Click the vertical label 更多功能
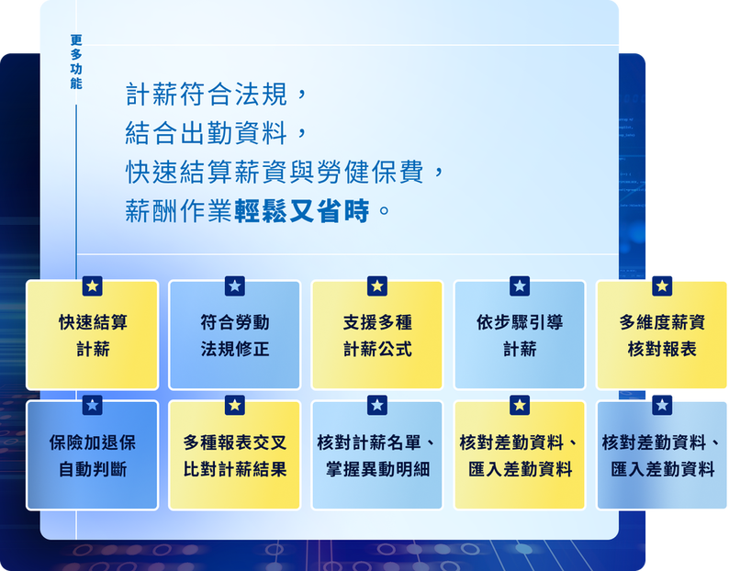[x=76, y=62]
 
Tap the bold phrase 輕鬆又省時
[x=302, y=211]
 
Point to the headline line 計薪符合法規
[x=207, y=95]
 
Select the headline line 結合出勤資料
[x=207, y=133]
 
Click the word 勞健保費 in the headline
[x=371, y=172]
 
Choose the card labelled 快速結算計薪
[x=93, y=335]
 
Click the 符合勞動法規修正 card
[x=235, y=335]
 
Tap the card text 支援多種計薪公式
[x=377, y=335]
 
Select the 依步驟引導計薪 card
[x=520, y=335]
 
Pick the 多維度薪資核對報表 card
[x=662, y=335]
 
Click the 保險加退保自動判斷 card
[x=93, y=454]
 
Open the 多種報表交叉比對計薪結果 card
[x=235, y=454]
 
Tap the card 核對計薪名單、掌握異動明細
[x=377, y=454]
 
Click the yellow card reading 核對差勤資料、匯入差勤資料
[x=520, y=454]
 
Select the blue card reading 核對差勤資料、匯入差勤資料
[x=662, y=454]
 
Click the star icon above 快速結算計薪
[x=93, y=286]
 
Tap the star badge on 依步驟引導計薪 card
[x=520, y=286]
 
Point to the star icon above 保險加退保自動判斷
[x=93, y=406]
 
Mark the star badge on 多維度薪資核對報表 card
[x=662, y=286]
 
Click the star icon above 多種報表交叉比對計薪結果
[x=235, y=406]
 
